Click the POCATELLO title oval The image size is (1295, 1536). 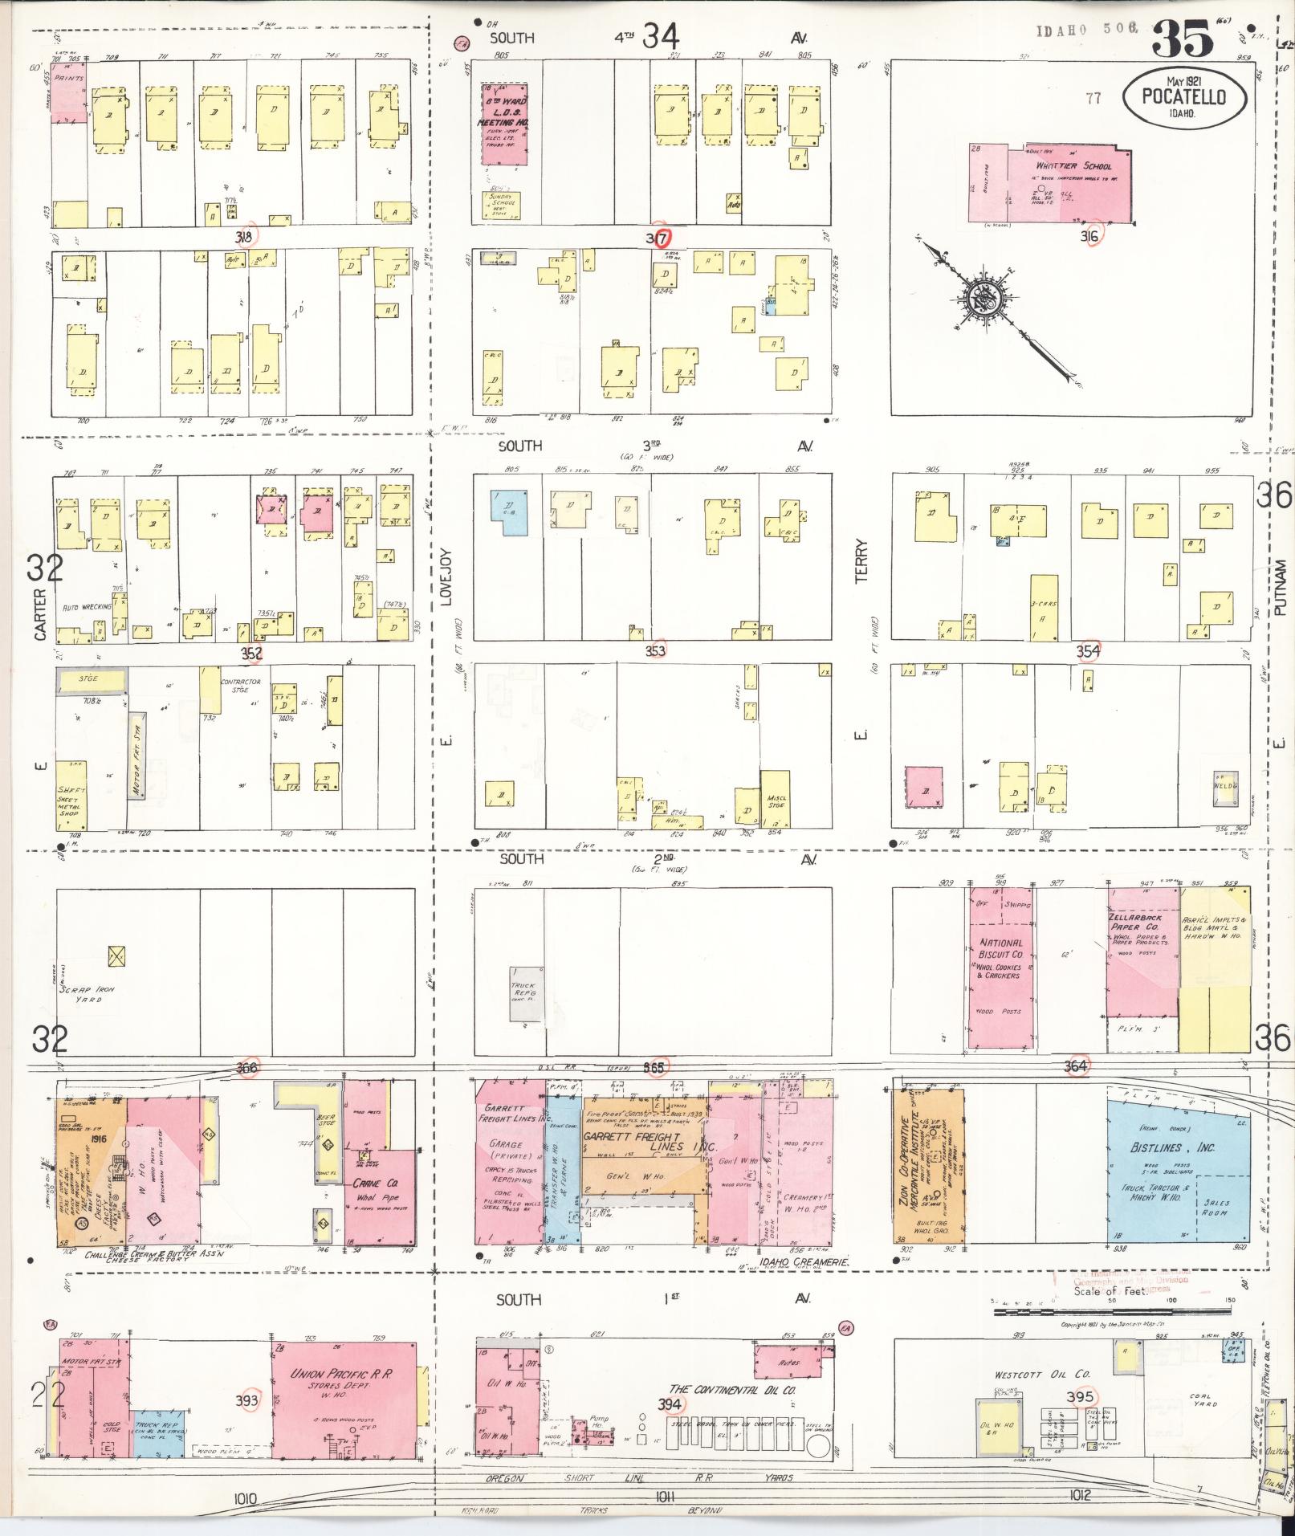(x=1184, y=98)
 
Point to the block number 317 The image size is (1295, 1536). (x=658, y=238)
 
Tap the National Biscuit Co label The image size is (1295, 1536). (x=1000, y=959)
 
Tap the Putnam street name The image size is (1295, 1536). (x=1280, y=588)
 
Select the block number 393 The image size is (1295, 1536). (x=250, y=1400)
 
